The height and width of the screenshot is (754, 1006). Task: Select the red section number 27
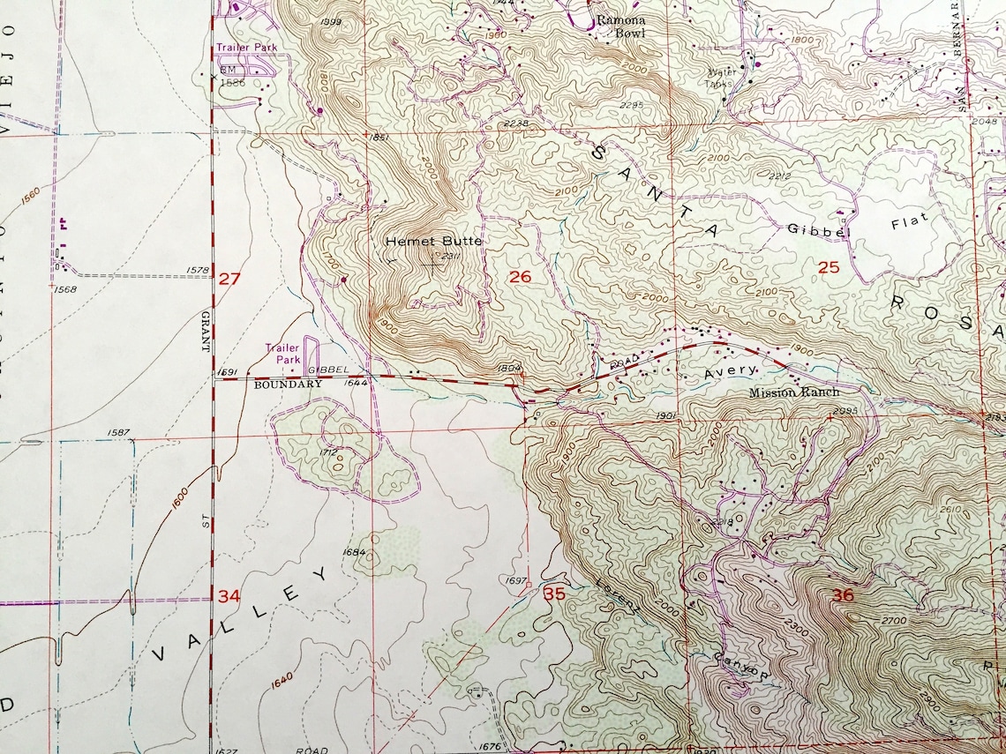tap(229, 279)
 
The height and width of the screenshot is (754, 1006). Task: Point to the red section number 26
tap(520, 277)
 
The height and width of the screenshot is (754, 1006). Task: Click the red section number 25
tap(828, 267)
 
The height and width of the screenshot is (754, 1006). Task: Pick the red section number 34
tap(229, 596)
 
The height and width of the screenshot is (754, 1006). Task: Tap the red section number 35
tap(554, 593)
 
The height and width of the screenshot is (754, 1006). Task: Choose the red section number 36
tap(843, 596)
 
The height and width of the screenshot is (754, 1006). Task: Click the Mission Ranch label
tap(794, 392)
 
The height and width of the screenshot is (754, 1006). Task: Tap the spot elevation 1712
tap(329, 452)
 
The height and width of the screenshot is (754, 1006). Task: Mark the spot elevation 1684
tap(354, 552)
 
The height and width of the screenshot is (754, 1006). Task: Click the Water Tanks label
tap(722, 78)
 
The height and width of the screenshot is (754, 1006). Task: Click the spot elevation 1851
tap(377, 137)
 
